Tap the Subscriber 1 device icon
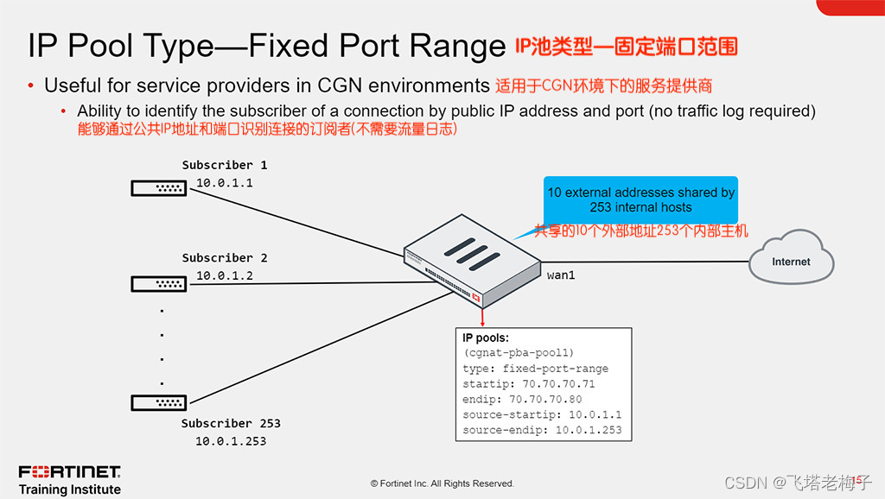(159, 187)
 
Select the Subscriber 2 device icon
(159, 282)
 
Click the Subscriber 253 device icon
(159, 401)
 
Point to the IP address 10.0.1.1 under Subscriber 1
(224, 183)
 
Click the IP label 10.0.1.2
(224, 276)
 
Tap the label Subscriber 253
(231, 423)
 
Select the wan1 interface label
(561, 275)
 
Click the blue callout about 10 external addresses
(640, 199)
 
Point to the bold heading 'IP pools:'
(486, 338)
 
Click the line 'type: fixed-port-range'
(535, 369)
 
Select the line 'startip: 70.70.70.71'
(528, 384)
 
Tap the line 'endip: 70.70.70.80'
(522, 399)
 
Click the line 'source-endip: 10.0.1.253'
(541, 430)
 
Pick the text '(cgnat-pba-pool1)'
(519, 353)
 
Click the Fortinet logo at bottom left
(69, 472)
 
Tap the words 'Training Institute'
(69, 490)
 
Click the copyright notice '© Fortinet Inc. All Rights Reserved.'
(442, 483)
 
